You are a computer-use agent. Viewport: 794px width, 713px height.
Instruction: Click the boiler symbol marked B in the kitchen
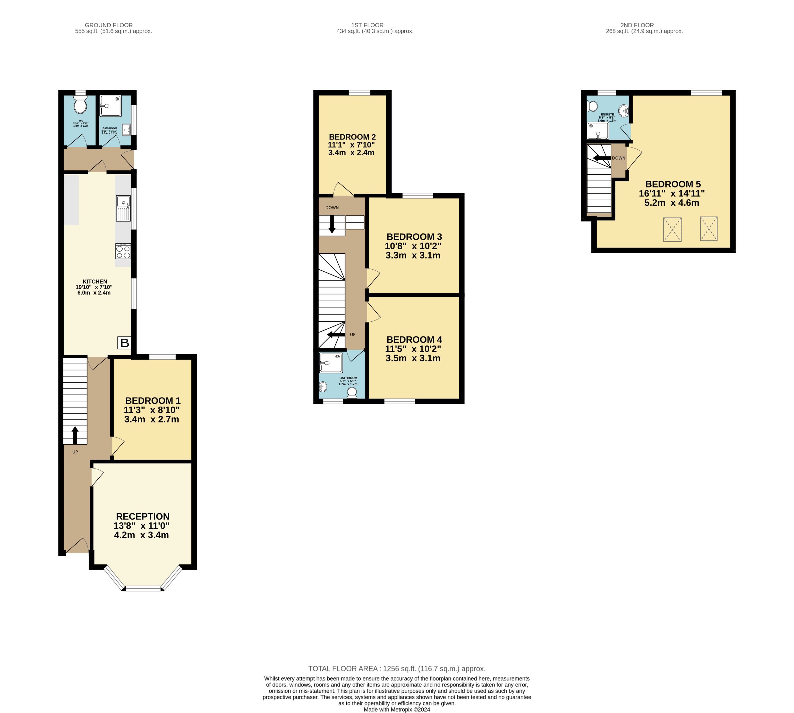pyautogui.click(x=124, y=343)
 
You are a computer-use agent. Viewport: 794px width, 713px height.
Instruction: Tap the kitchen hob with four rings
pyautogui.click(x=123, y=252)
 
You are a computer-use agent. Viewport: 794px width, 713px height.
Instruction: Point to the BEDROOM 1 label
pyautogui.click(x=153, y=400)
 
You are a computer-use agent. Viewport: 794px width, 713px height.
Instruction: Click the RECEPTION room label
pyautogui.click(x=143, y=516)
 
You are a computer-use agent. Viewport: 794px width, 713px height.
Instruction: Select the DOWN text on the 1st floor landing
pyautogui.click(x=332, y=208)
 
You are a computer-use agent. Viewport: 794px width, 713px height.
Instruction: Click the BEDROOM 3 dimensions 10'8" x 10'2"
pyautogui.click(x=413, y=246)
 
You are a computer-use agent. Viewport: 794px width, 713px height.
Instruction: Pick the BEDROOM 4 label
pyautogui.click(x=414, y=340)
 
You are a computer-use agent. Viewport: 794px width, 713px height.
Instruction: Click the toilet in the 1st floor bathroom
pyautogui.click(x=352, y=392)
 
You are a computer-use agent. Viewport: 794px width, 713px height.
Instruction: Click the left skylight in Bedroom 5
pyautogui.click(x=672, y=229)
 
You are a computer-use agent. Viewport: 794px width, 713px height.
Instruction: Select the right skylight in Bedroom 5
pyautogui.click(x=709, y=228)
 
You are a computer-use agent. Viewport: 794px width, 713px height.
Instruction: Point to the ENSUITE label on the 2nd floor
pyautogui.click(x=607, y=114)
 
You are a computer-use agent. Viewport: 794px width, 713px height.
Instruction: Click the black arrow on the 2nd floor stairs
pyautogui.click(x=602, y=158)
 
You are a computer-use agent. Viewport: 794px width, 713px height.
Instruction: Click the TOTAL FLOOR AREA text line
pyautogui.click(x=396, y=669)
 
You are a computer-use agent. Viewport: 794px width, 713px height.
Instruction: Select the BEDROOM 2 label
pyautogui.click(x=352, y=137)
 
